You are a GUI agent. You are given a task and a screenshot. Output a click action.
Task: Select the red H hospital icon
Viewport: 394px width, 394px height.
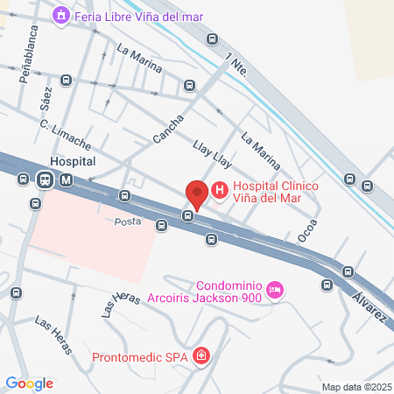click(x=219, y=187)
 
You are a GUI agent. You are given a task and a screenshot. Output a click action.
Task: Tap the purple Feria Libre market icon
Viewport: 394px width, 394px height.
click(x=60, y=15)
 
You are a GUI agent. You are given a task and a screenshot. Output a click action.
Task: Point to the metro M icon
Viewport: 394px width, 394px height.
click(x=67, y=180)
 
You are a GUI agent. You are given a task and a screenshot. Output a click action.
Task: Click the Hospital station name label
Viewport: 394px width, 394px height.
click(x=74, y=163)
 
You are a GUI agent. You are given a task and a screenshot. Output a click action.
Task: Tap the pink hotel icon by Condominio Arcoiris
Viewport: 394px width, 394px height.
click(x=275, y=290)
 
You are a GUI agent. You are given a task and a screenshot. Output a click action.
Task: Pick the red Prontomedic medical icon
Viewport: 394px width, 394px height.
click(x=202, y=355)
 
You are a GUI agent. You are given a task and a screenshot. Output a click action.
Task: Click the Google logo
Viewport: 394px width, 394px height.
click(x=29, y=383)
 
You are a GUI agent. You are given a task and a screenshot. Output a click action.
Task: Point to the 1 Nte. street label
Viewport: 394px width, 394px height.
click(x=236, y=62)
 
